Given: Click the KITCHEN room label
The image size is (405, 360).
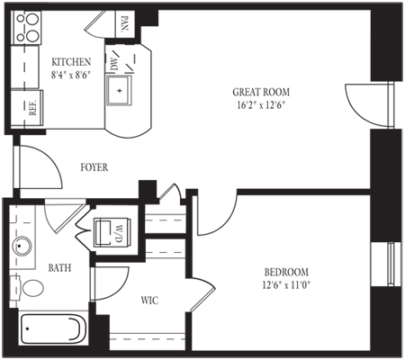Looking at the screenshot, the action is (x=71, y=62).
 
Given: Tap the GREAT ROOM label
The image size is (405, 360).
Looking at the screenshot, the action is (x=261, y=92).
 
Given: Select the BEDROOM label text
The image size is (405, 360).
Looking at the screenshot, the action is (x=286, y=272).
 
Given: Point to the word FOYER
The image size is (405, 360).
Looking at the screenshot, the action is (x=94, y=167).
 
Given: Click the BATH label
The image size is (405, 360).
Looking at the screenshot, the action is (x=59, y=267).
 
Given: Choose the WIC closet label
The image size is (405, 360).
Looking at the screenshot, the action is (x=149, y=300).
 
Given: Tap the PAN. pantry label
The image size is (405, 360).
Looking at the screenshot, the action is (x=124, y=23).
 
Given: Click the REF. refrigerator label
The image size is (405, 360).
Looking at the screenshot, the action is (x=32, y=107).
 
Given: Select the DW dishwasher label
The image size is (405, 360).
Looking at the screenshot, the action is (x=113, y=64).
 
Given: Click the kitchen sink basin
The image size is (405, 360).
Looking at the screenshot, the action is (x=120, y=90).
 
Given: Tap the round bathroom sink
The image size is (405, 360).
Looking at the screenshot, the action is (x=22, y=246).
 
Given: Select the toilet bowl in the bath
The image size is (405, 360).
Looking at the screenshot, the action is (x=32, y=288).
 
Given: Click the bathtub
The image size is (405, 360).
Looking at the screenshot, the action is (x=53, y=329).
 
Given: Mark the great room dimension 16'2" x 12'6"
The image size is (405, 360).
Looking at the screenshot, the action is (x=261, y=105).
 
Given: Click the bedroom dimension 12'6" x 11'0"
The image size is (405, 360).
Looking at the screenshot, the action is (x=286, y=284).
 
